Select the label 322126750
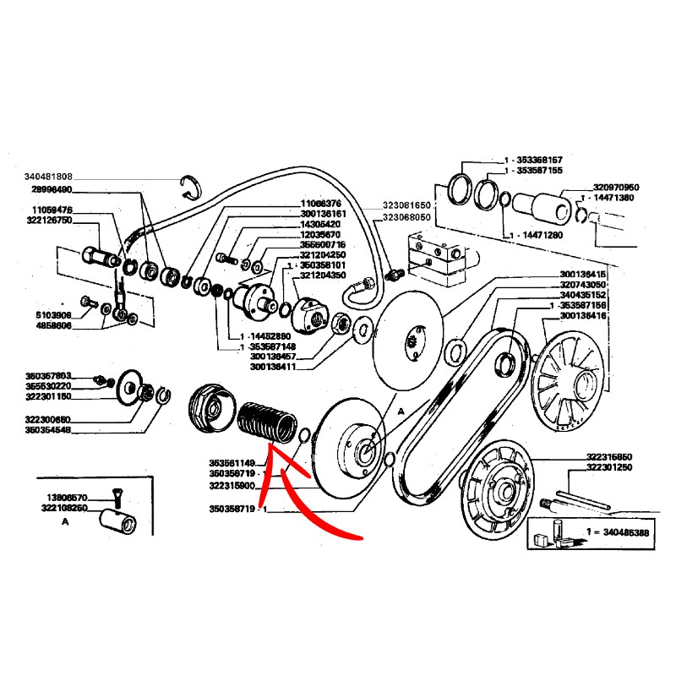pos(52,221)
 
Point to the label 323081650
pos(406,205)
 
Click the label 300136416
pos(582,315)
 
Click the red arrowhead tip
pos(269,457)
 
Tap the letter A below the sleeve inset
pos(65,523)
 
